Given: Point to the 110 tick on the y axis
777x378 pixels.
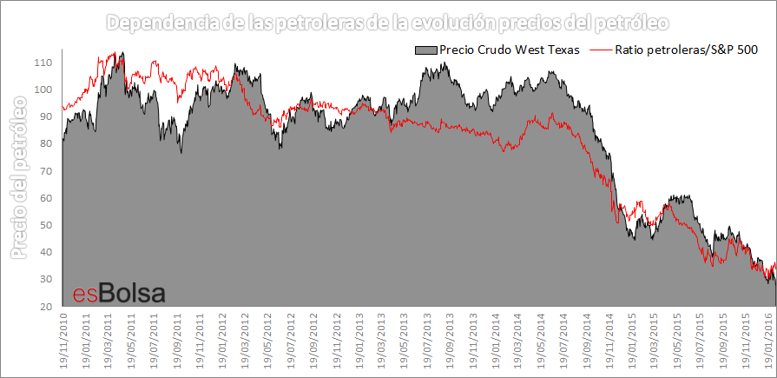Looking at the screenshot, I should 43,63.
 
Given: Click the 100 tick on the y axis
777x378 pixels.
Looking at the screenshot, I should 43,90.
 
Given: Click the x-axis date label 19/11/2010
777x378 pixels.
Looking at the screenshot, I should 63,341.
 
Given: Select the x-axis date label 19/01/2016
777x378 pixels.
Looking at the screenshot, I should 767,341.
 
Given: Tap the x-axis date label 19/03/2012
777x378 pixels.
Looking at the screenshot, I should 245,341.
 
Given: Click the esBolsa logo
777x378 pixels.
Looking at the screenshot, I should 117,293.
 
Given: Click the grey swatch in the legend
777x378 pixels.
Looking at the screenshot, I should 426,50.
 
